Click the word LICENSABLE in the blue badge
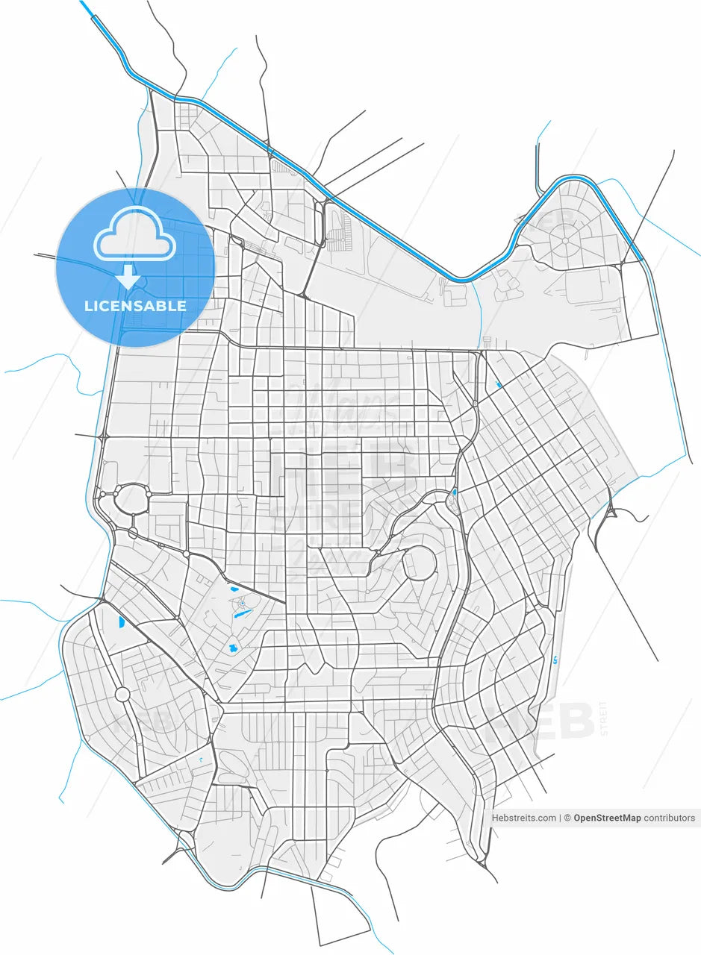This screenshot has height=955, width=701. point(135,306)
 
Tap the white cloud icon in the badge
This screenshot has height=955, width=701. point(135,234)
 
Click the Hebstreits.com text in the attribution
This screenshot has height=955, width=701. point(523,818)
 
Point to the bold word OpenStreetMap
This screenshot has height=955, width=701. point(607,818)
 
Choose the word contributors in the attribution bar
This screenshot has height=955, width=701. point(670,818)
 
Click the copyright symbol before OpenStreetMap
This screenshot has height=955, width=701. point(567,818)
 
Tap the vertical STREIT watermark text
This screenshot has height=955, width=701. point(604,718)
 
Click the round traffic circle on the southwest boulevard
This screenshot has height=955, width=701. point(122,695)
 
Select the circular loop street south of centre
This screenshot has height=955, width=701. point(420,563)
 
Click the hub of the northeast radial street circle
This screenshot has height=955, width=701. point(565,241)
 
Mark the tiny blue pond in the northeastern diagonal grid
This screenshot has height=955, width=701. point(497,385)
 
